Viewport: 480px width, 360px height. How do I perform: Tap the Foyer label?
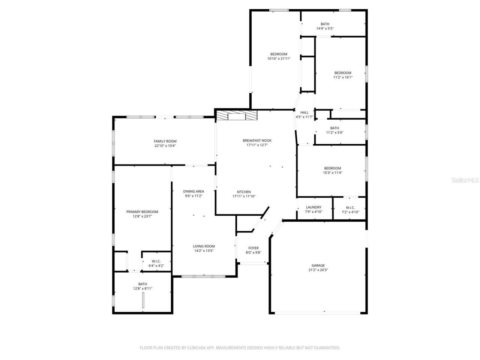coord(253,248)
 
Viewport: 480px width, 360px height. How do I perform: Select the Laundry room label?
coord(313,207)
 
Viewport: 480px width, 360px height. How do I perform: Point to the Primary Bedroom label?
coord(142,211)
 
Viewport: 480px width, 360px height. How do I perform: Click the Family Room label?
coord(165,141)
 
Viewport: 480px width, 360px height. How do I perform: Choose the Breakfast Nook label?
coord(257,140)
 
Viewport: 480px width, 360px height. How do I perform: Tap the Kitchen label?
coord(244,192)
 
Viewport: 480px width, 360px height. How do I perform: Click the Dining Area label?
coord(193,191)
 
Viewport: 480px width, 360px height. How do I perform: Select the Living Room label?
coord(204,246)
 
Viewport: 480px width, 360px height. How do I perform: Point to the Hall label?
coord(304,112)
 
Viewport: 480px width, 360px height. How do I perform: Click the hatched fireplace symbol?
coord(237,115)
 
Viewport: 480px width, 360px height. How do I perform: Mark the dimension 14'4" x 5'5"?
coord(325,28)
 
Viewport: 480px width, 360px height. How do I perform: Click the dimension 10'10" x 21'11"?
coord(279,58)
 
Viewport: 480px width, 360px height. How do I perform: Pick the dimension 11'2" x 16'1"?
coord(343,77)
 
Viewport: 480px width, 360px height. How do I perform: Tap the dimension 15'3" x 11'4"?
coord(332,173)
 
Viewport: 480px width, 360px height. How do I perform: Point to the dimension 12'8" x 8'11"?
coord(142,288)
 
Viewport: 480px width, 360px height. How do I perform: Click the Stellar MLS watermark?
coord(465,180)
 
